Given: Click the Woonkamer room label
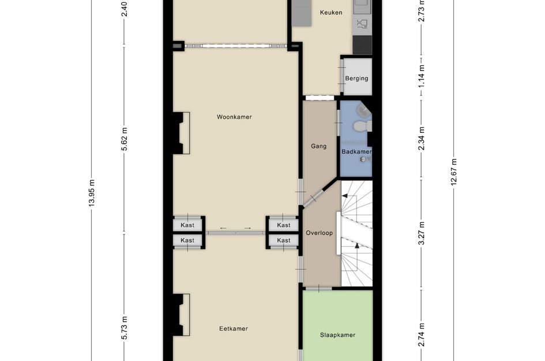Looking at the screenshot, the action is click(234, 117).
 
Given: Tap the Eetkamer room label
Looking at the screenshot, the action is click(234, 329).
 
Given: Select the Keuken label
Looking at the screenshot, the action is click(331, 13).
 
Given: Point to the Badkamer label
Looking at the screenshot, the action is click(356, 152).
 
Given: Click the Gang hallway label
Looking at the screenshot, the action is click(319, 146).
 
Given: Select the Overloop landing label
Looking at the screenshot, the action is click(319, 233).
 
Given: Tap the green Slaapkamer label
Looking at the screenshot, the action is click(337, 335).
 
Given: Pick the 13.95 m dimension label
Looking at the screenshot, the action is click(92, 193).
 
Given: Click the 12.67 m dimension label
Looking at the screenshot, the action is click(454, 172).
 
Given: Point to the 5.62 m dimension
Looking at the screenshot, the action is click(125, 139).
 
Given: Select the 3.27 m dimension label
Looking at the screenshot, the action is click(421, 233).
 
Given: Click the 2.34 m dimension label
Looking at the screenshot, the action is click(421, 139).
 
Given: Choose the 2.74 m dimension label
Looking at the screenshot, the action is click(421, 335).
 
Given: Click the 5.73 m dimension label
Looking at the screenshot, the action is click(125, 328).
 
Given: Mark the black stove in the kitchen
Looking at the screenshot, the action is click(362, 44).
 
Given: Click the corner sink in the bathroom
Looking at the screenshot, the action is click(363, 111).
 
